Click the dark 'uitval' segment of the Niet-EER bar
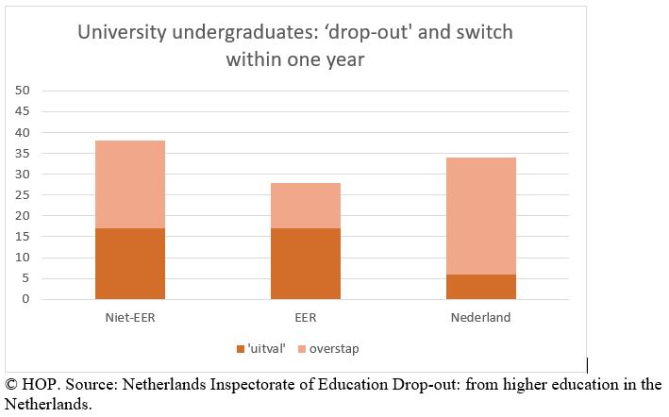pyautogui.click(x=130, y=263)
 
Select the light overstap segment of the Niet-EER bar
pyautogui.click(x=130, y=184)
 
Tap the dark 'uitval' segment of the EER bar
pyautogui.click(x=306, y=263)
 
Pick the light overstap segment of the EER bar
pyautogui.click(x=306, y=206)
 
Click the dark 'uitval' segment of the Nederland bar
pyautogui.click(x=481, y=287)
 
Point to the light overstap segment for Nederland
pyautogui.click(x=481, y=215)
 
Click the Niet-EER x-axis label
pyautogui.click(x=130, y=318)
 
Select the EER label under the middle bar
pyautogui.click(x=306, y=318)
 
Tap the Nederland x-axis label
pyautogui.click(x=481, y=318)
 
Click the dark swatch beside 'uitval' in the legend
pyautogui.click(x=241, y=349)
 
